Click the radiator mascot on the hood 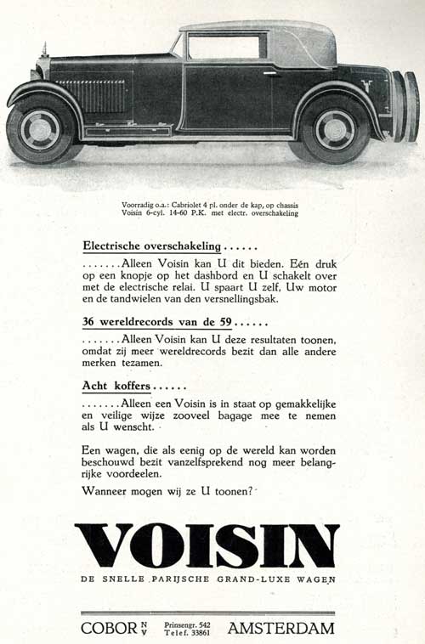[44, 49]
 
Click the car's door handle [270, 73]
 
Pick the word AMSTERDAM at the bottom [281, 629]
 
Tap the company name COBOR [109, 629]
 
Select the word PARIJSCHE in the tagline [167, 579]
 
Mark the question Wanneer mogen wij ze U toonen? [167, 491]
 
